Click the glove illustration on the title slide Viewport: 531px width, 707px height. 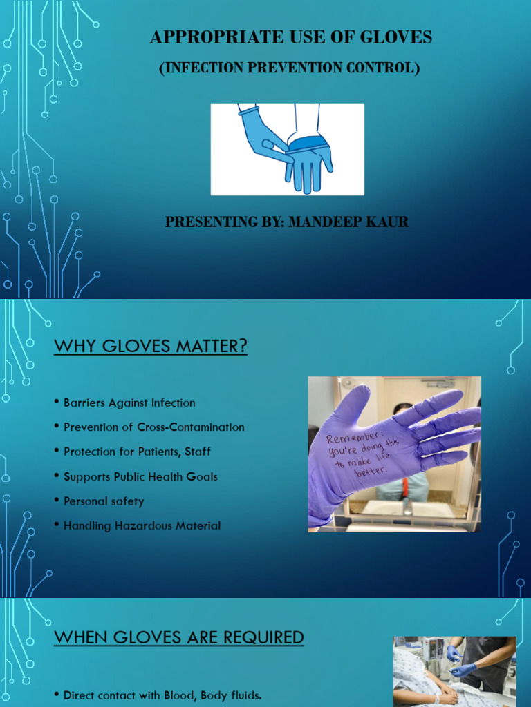coord(287,149)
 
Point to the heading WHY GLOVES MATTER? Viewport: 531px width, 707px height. coord(150,347)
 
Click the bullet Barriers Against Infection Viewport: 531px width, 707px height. coord(129,403)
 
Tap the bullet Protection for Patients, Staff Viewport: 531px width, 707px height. coord(137,452)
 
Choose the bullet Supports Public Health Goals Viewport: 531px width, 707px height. coord(140,476)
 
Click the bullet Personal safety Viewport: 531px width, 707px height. coord(104,501)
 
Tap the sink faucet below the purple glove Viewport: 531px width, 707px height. coord(408,508)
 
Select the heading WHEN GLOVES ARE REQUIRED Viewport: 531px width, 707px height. coord(179,637)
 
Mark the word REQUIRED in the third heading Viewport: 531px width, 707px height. coord(263,637)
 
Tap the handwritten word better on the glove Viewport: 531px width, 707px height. coord(371,471)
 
